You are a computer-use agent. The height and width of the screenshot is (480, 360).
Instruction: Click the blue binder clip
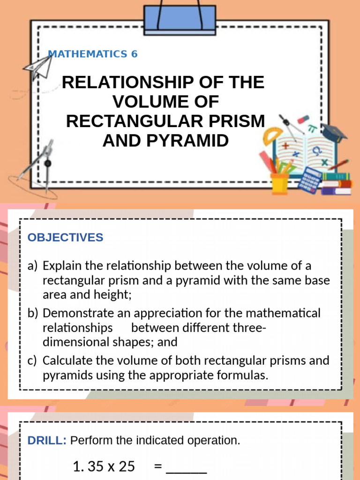[x=180, y=20]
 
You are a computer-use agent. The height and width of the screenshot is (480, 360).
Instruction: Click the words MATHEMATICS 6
[x=93, y=54]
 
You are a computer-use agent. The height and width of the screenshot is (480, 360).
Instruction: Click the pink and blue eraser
[x=304, y=118]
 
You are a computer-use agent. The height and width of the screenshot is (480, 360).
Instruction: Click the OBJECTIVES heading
[x=65, y=238]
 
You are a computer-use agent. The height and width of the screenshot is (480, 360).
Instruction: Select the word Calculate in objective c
[x=66, y=361]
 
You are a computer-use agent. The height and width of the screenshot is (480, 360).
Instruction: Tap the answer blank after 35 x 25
[x=187, y=467]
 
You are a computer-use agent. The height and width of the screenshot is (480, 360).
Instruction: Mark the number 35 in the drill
[x=95, y=466]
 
